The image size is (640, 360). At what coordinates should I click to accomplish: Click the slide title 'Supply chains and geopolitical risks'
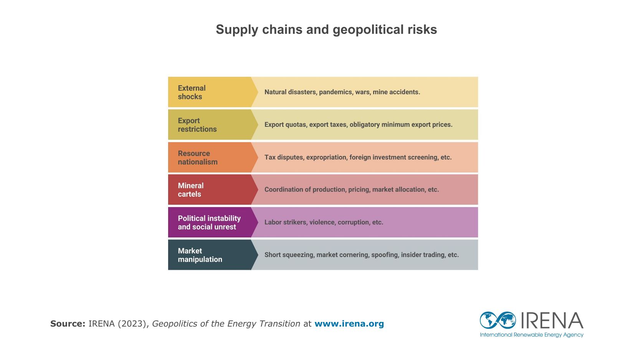coord(326,30)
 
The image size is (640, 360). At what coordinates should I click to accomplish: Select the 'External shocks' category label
coord(192,92)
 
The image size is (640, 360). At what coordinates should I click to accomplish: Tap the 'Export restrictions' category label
coord(197,125)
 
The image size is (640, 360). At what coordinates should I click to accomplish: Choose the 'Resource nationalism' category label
coord(197,158)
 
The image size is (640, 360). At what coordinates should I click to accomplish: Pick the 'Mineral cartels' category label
coord(190,190)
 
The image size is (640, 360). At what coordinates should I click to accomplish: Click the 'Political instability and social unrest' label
coord(209,222)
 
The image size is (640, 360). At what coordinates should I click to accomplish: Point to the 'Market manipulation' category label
coord(200,255)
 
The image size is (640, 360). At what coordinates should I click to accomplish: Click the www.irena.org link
coord(349,324)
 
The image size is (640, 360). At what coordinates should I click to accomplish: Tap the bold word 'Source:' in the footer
coord(68,324)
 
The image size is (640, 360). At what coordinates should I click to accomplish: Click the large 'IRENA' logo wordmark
coord(552,320)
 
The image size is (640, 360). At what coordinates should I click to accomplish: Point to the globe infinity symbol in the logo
coord(498,320)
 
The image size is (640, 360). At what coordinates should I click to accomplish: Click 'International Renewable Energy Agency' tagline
coord(531,335)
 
